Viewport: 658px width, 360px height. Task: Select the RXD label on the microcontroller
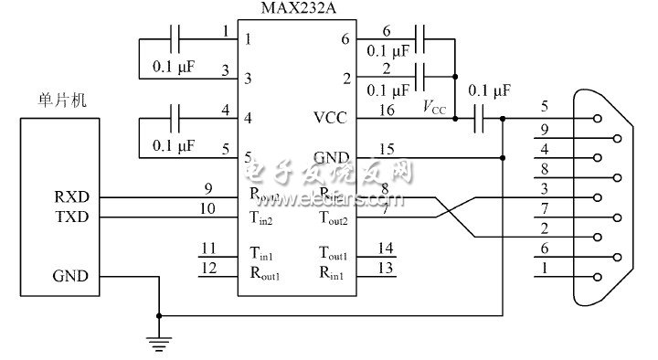[x=71, y=196]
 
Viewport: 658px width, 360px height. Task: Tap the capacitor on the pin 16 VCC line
[x=477, y=118]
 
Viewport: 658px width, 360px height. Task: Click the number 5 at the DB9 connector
[x=545, y=105]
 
